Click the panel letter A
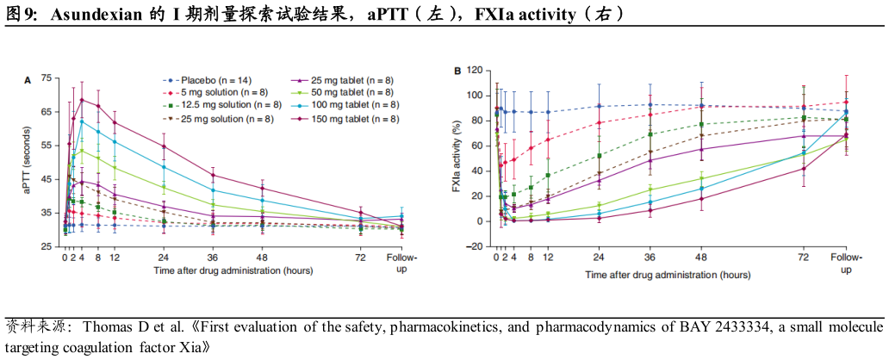click(x=28, y=80)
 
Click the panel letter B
click(x=457, y=71)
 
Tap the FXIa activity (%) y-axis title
click(x=457, y=161)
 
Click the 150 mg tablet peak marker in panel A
click(x=82, y=100)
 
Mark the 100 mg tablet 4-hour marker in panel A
click(x=82, y=121)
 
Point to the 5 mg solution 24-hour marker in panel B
click(x=599, y=122)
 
